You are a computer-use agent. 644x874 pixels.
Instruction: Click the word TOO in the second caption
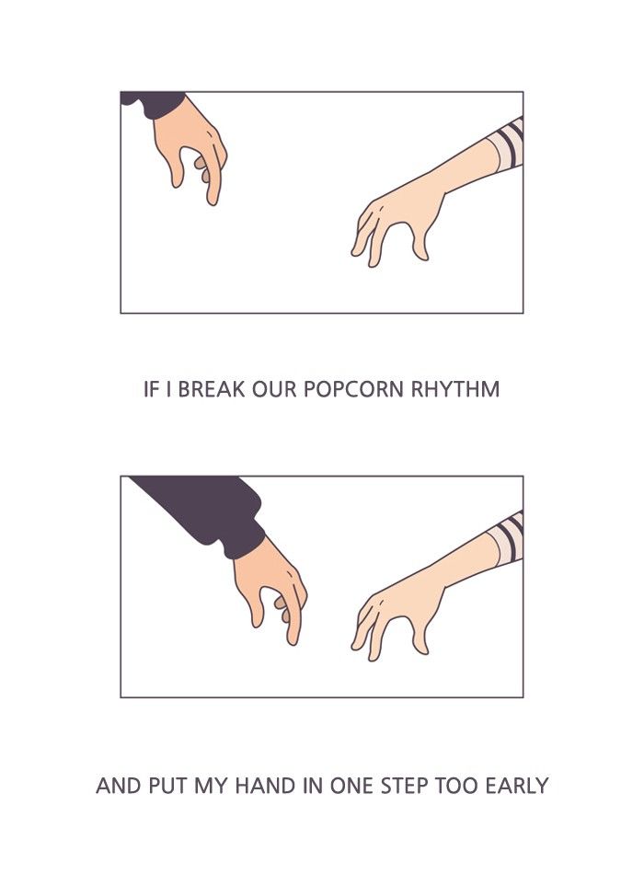tap(456, 786)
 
